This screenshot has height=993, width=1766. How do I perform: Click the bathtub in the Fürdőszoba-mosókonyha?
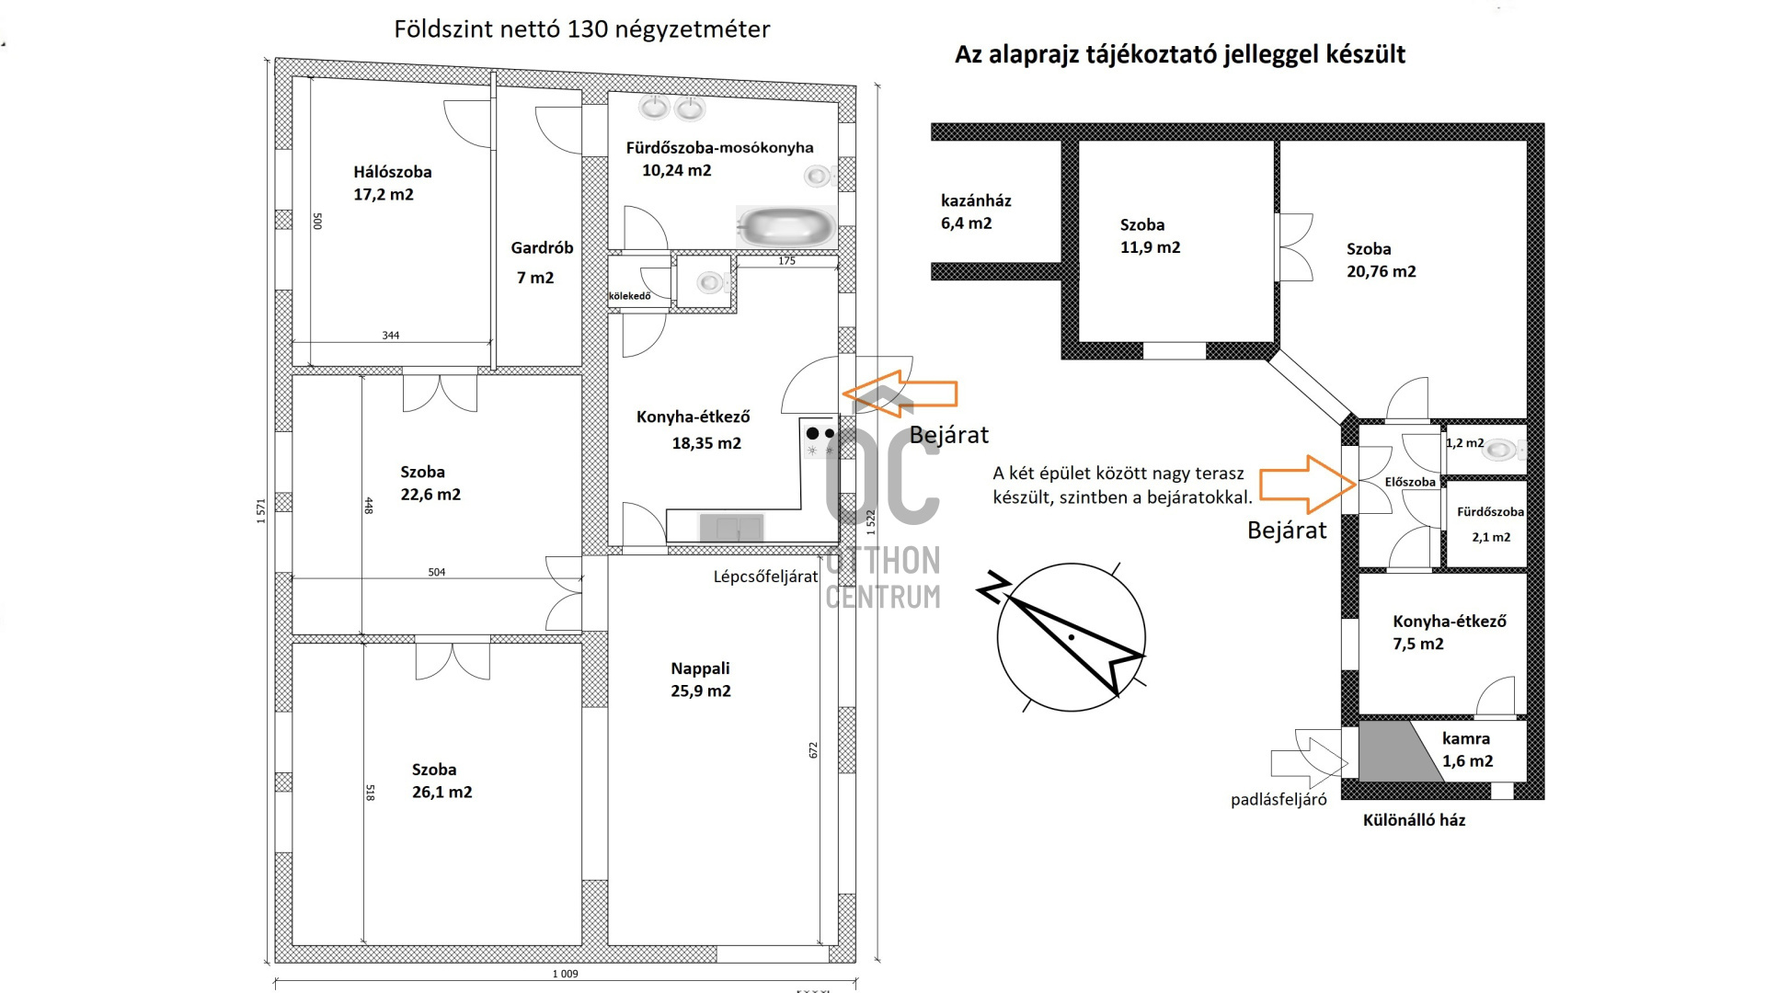786,226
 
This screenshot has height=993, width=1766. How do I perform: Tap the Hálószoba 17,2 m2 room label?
393,183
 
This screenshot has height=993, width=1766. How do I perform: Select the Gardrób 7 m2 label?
542,262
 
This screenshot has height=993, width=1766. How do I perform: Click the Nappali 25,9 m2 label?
701,679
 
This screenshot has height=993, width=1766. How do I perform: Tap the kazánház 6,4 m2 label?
975,211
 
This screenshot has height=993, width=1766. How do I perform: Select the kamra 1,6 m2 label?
1467,749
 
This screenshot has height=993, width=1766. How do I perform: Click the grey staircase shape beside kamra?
1396,751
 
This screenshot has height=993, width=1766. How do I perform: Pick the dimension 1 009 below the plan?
566,974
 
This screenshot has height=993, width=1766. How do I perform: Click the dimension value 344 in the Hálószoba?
391,336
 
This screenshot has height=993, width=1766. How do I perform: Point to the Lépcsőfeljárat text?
765,576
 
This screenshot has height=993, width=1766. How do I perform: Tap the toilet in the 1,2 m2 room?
1502,450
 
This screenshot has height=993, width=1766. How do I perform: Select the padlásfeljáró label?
1279,800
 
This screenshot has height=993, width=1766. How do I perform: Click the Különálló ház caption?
1414,820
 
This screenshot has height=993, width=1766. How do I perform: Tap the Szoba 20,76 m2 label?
1381,260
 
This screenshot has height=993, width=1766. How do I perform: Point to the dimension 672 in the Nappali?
813,750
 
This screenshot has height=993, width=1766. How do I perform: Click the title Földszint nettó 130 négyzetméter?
582,29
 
